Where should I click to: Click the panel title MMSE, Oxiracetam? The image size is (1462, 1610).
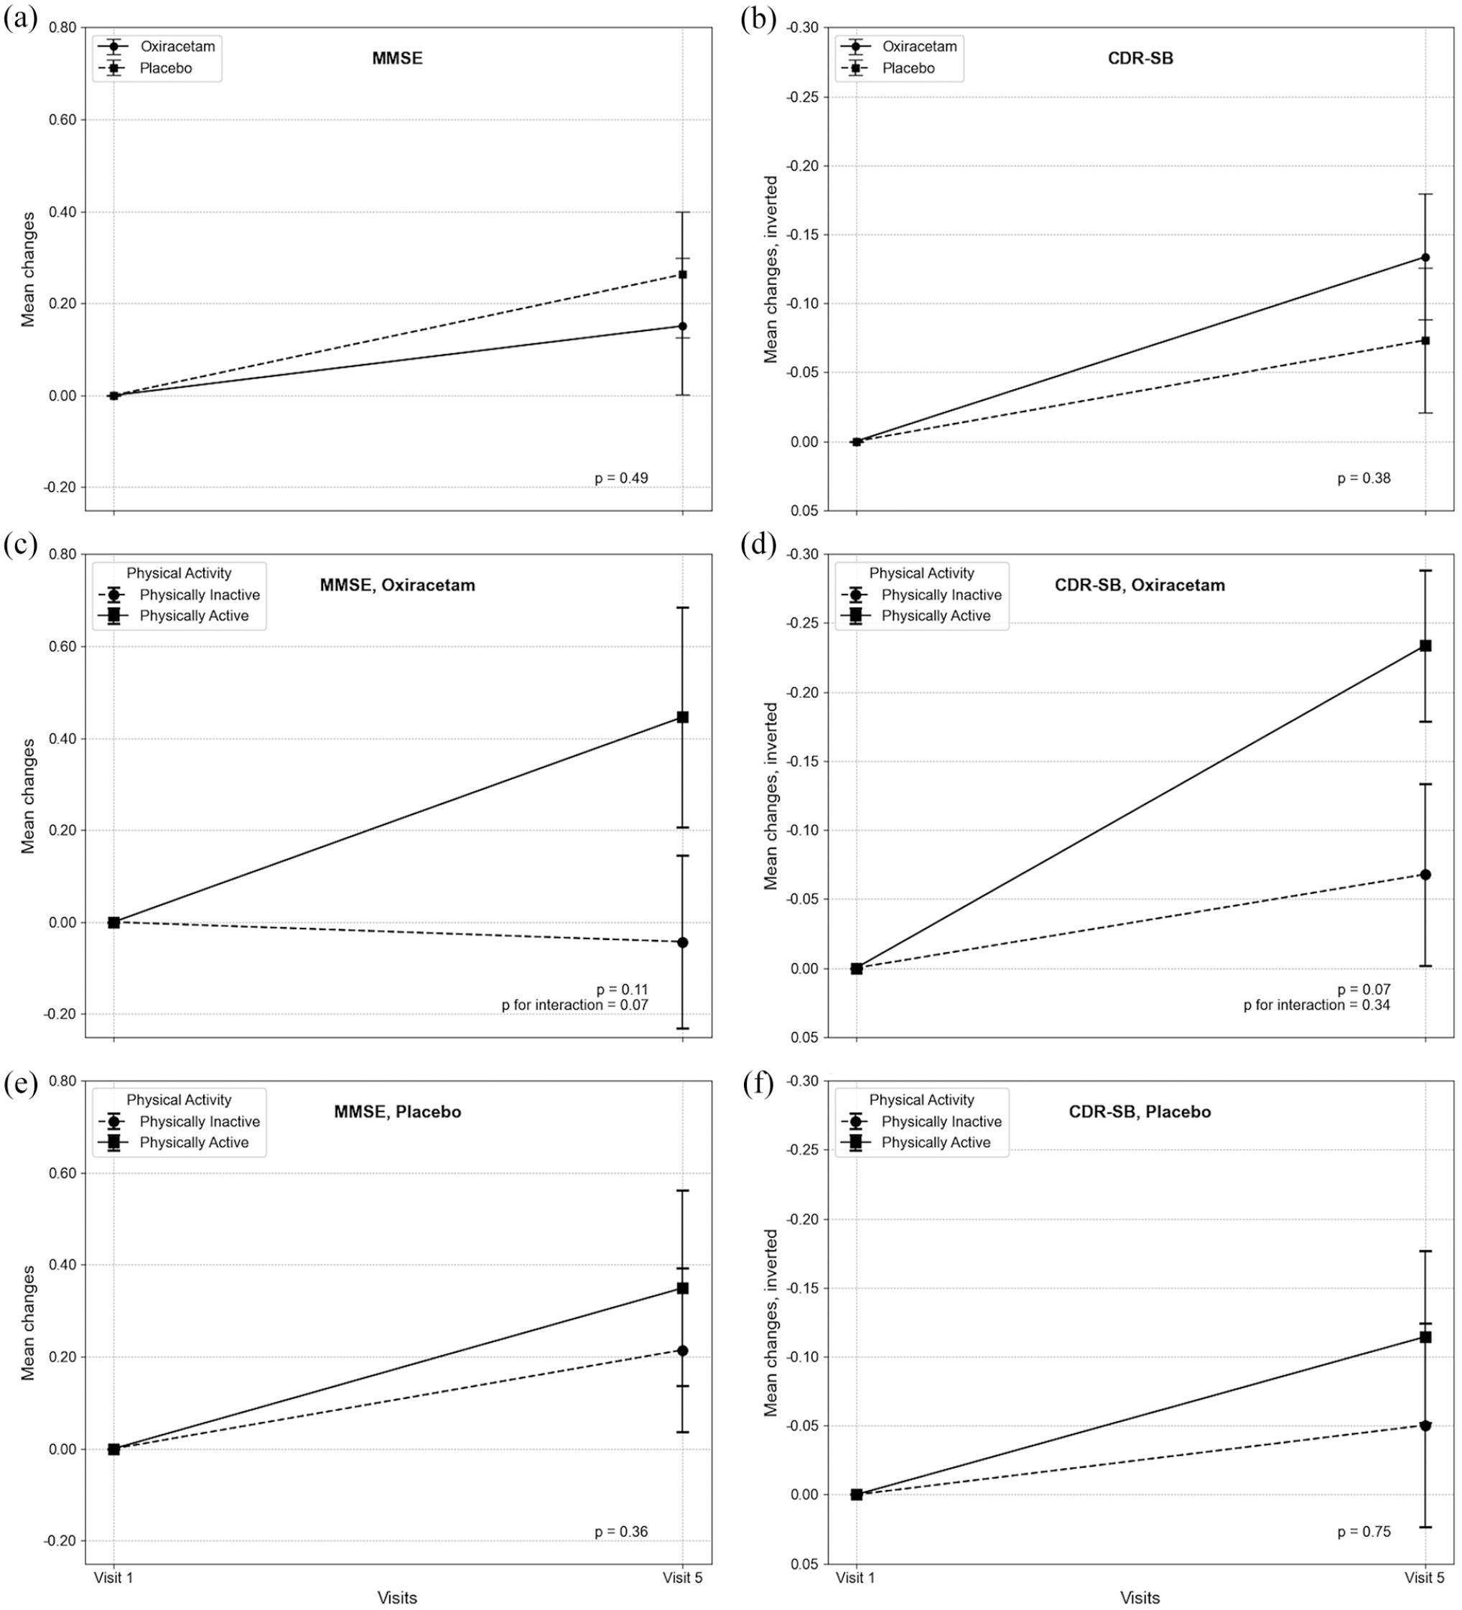398,585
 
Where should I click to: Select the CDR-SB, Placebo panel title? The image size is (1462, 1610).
1140,1112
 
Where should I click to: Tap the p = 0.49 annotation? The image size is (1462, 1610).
621,478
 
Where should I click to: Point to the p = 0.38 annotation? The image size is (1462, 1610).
1364,478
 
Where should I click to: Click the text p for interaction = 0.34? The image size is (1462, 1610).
1317,1005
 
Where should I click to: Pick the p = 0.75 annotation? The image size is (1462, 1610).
1364,1532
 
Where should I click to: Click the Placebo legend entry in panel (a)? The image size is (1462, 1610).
166,68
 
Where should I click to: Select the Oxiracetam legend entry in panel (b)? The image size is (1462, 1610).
920,47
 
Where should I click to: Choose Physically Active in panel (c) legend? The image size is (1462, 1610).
194,615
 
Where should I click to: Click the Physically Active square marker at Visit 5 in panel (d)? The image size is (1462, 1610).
1425,646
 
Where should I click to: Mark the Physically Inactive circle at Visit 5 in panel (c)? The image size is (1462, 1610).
683,942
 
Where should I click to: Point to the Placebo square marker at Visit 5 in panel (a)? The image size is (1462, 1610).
683,275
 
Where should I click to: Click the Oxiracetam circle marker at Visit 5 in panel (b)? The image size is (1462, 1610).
1425,257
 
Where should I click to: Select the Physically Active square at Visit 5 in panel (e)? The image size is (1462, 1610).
683,1288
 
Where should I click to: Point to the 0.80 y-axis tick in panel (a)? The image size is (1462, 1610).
62,28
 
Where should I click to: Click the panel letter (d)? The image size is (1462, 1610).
758,544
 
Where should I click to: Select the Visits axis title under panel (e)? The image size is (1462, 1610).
398,1597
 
